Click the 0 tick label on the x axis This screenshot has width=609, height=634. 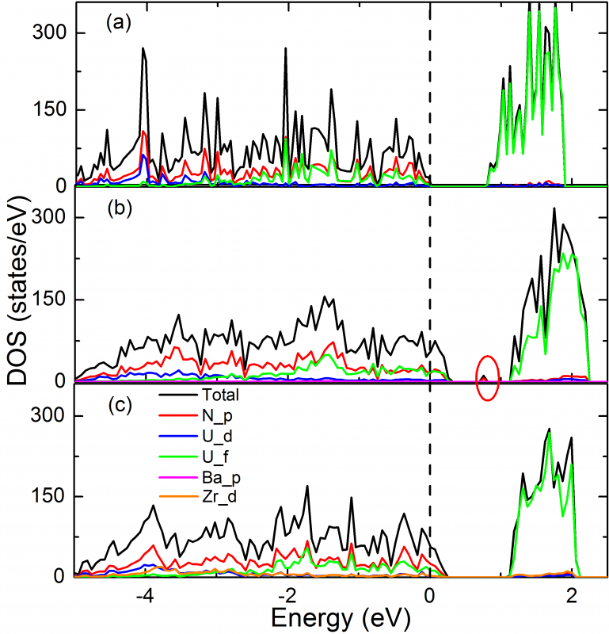[430, 594]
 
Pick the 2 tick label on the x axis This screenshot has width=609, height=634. [572, 594]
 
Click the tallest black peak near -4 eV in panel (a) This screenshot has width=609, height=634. [143, 49]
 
